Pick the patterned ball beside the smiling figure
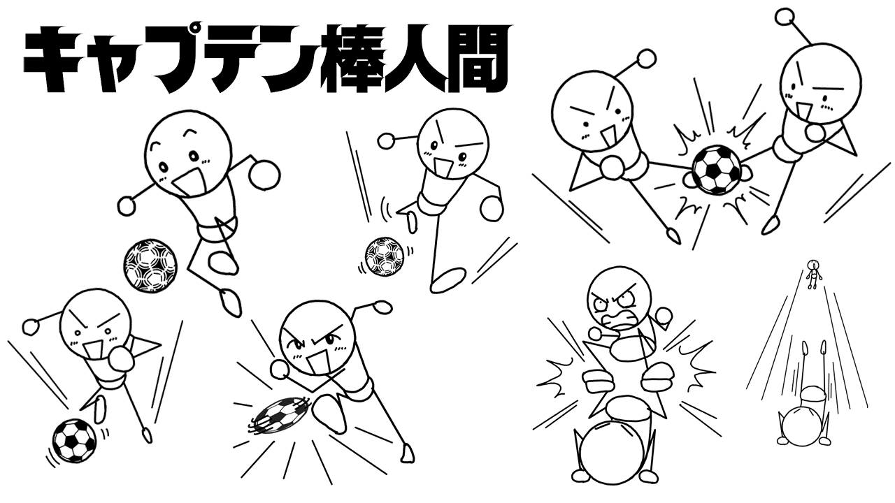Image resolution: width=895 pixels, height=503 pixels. [x=150, y=267]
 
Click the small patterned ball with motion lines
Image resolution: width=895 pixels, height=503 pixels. [x=384, y=256]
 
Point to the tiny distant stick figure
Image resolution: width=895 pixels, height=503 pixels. [x=812, y=274]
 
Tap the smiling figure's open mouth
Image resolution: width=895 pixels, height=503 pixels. [x=189, y=182]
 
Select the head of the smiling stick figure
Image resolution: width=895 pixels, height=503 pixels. [x=188, y=154]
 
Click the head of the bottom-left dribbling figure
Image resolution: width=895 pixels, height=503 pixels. [x=96, y=323]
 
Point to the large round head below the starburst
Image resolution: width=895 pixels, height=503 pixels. [x=611, y=452]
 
